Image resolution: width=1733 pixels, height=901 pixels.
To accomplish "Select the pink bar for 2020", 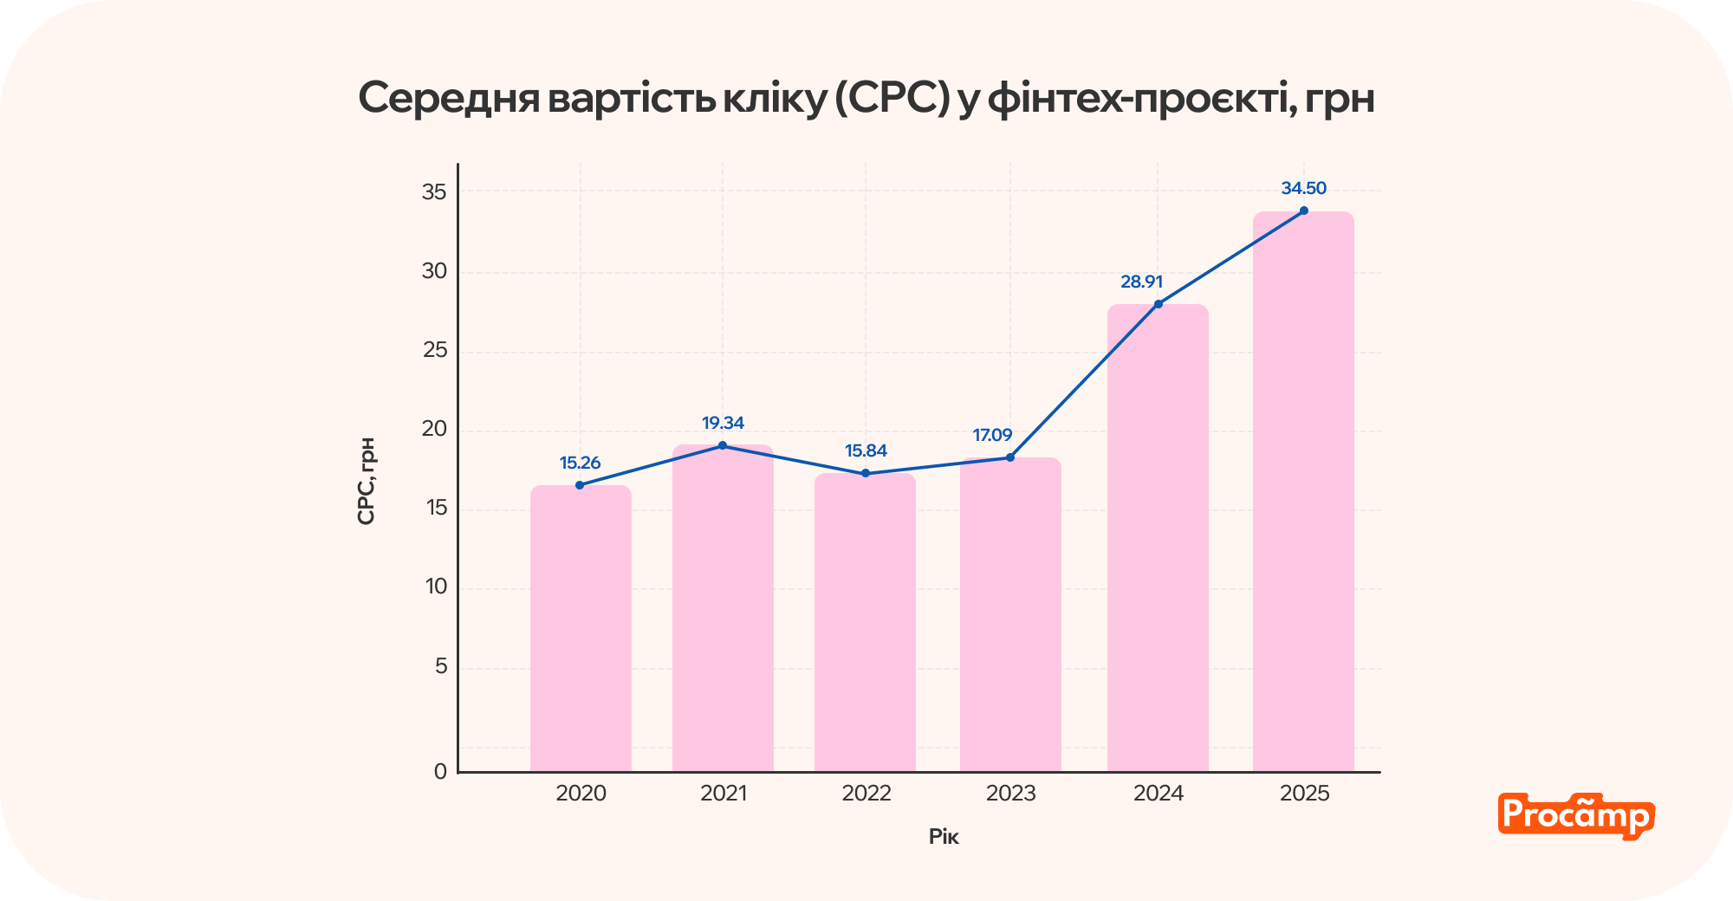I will [x=581, y=628].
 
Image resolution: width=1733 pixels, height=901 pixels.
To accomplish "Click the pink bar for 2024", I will [x=1158, y=537].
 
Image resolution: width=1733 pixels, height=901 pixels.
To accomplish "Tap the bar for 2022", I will [x=865, y=622].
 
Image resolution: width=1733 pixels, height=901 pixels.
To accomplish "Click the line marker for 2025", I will [x=1303, y=211].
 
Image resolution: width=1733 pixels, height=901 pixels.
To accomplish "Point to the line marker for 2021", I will [x=723, y=445].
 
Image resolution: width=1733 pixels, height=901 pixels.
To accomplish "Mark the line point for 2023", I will [x=1010, y=457].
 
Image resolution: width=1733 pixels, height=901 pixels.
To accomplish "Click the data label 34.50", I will [x=1303, y=188].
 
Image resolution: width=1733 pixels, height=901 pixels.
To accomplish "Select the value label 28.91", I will [x=1141, y=282].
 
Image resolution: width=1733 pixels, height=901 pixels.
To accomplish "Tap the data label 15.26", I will [x=580, y=463].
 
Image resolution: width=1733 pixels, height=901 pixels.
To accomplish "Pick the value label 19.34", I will [x=723, y=423].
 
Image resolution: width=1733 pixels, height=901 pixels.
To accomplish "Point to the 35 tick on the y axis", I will [x=434, y=192].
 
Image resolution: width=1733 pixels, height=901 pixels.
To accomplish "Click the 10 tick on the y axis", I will [x=436, y=587].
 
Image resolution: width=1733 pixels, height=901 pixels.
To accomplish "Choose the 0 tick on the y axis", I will [x=440, y=771].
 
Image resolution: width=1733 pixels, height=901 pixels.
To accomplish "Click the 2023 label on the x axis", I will [x=1010, y=794].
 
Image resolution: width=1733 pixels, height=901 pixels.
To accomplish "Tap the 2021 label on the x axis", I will [x=724, y=794].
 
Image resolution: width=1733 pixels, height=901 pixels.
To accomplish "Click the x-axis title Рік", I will [x=944, y=837].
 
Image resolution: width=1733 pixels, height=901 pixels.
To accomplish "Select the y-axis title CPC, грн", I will [x=367, y=481].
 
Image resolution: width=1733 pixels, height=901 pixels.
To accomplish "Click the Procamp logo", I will [x=1575, y=816].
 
